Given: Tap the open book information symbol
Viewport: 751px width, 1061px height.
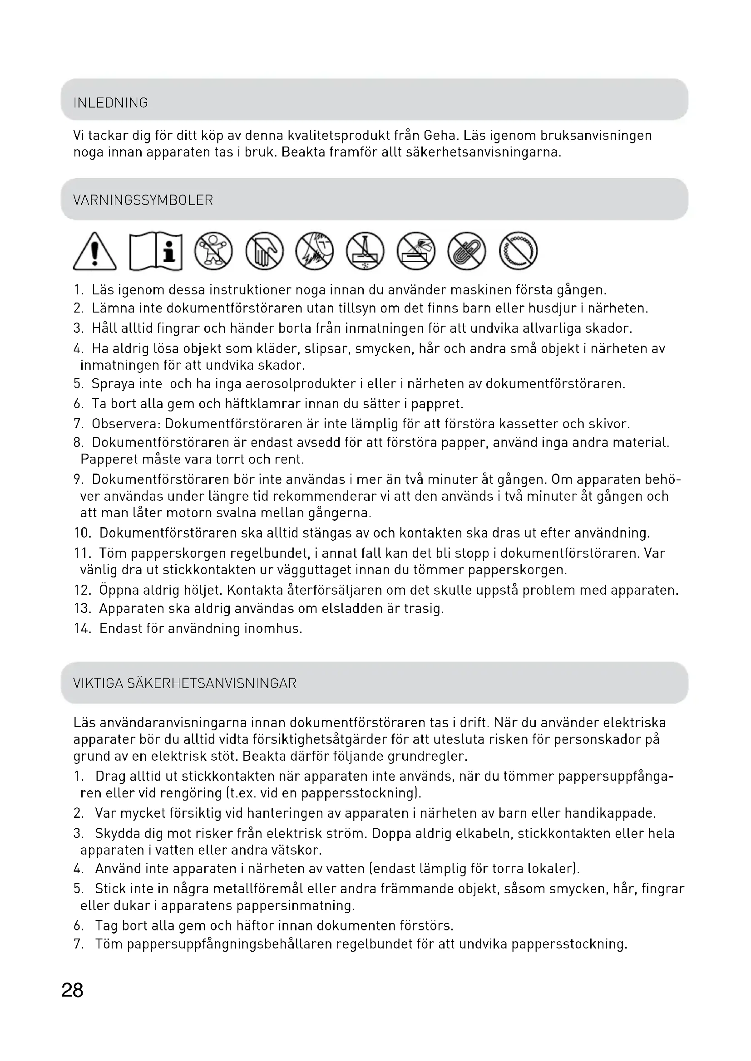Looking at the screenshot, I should pos(156,251).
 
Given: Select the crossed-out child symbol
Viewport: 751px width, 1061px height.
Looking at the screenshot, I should pos(213,251).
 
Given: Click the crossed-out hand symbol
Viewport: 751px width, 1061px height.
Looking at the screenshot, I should pos(264,251).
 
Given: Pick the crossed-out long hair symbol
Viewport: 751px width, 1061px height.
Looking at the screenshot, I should pos(315,251).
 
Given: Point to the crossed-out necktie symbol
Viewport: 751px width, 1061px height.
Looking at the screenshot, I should pos(366,251).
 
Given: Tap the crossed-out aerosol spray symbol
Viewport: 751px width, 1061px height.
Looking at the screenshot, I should pos(416,251).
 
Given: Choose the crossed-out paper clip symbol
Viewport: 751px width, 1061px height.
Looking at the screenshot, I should pos(467,251).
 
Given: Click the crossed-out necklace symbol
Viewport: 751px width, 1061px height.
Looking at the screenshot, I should pos(518,251).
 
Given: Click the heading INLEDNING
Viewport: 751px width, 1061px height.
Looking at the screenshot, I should pos(111,103).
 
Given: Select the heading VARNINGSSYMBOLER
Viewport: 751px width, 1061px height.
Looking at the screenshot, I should pos(143,200).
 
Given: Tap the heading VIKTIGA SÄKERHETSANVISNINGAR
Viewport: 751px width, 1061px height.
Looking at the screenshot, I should pos(185,684).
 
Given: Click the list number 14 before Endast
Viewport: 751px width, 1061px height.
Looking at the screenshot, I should pos(82,629).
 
